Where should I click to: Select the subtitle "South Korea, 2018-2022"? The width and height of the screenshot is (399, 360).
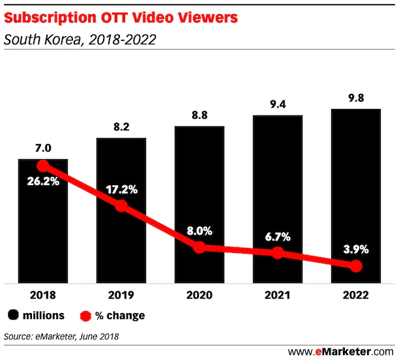pos(80,40)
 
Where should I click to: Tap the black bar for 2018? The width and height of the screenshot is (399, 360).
pos(43,235)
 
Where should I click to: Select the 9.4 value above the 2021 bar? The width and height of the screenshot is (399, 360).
pos(278,104)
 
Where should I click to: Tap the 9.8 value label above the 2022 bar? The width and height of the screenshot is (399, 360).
pos(355,98)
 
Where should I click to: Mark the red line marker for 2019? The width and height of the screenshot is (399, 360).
pos(121,206)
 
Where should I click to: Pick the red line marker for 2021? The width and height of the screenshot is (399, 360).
pos(278,252)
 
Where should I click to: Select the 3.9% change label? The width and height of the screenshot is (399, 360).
pos(355,249)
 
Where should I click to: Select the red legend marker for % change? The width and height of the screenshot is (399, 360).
pos(85,316)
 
